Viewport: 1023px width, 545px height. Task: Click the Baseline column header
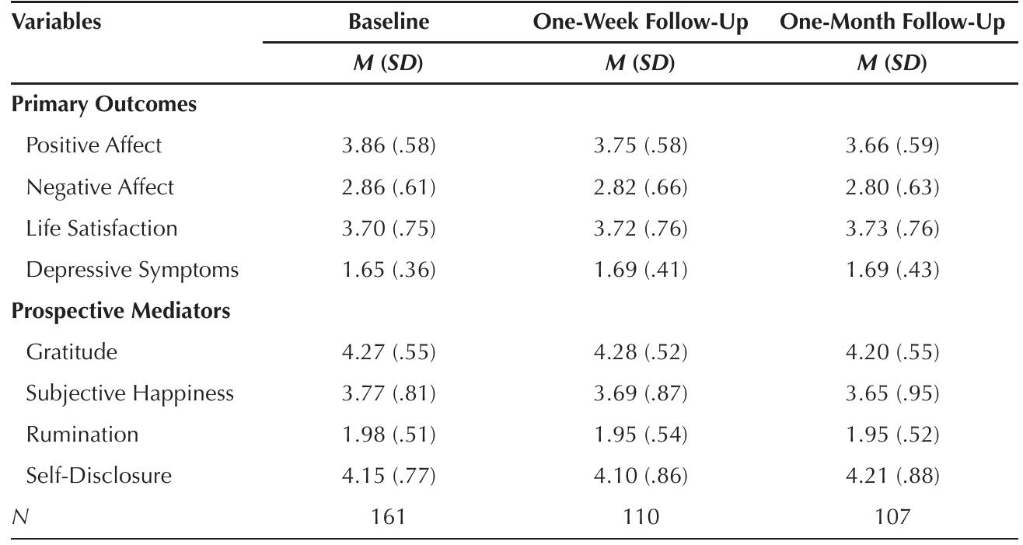(x=389, y=22)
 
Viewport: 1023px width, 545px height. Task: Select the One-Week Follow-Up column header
(x=641, y=22)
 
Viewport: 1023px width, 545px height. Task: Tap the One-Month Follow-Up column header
(x=892, y=22)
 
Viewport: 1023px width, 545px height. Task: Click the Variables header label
(x=57, y=22)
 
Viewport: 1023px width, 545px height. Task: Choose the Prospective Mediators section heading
(x=120, y=311)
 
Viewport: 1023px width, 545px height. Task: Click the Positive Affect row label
(x=95, y=145)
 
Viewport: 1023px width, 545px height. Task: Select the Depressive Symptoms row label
(x=132, y=270)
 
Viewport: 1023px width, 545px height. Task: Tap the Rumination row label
(x=82, y=435)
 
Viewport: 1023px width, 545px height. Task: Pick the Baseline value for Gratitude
(x=389, y=352)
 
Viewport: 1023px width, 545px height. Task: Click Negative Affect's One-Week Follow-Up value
(x=641, y=187)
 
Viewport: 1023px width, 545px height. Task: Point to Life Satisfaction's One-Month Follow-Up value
(x=892, y=229)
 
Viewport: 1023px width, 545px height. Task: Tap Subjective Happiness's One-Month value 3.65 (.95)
(x=892, y=393)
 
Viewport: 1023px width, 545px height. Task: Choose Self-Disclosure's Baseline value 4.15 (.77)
(x=389, y=476)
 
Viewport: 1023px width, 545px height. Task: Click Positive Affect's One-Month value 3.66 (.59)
(x=892, y=145)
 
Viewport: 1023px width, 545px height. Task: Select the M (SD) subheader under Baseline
(x=389, y=63)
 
